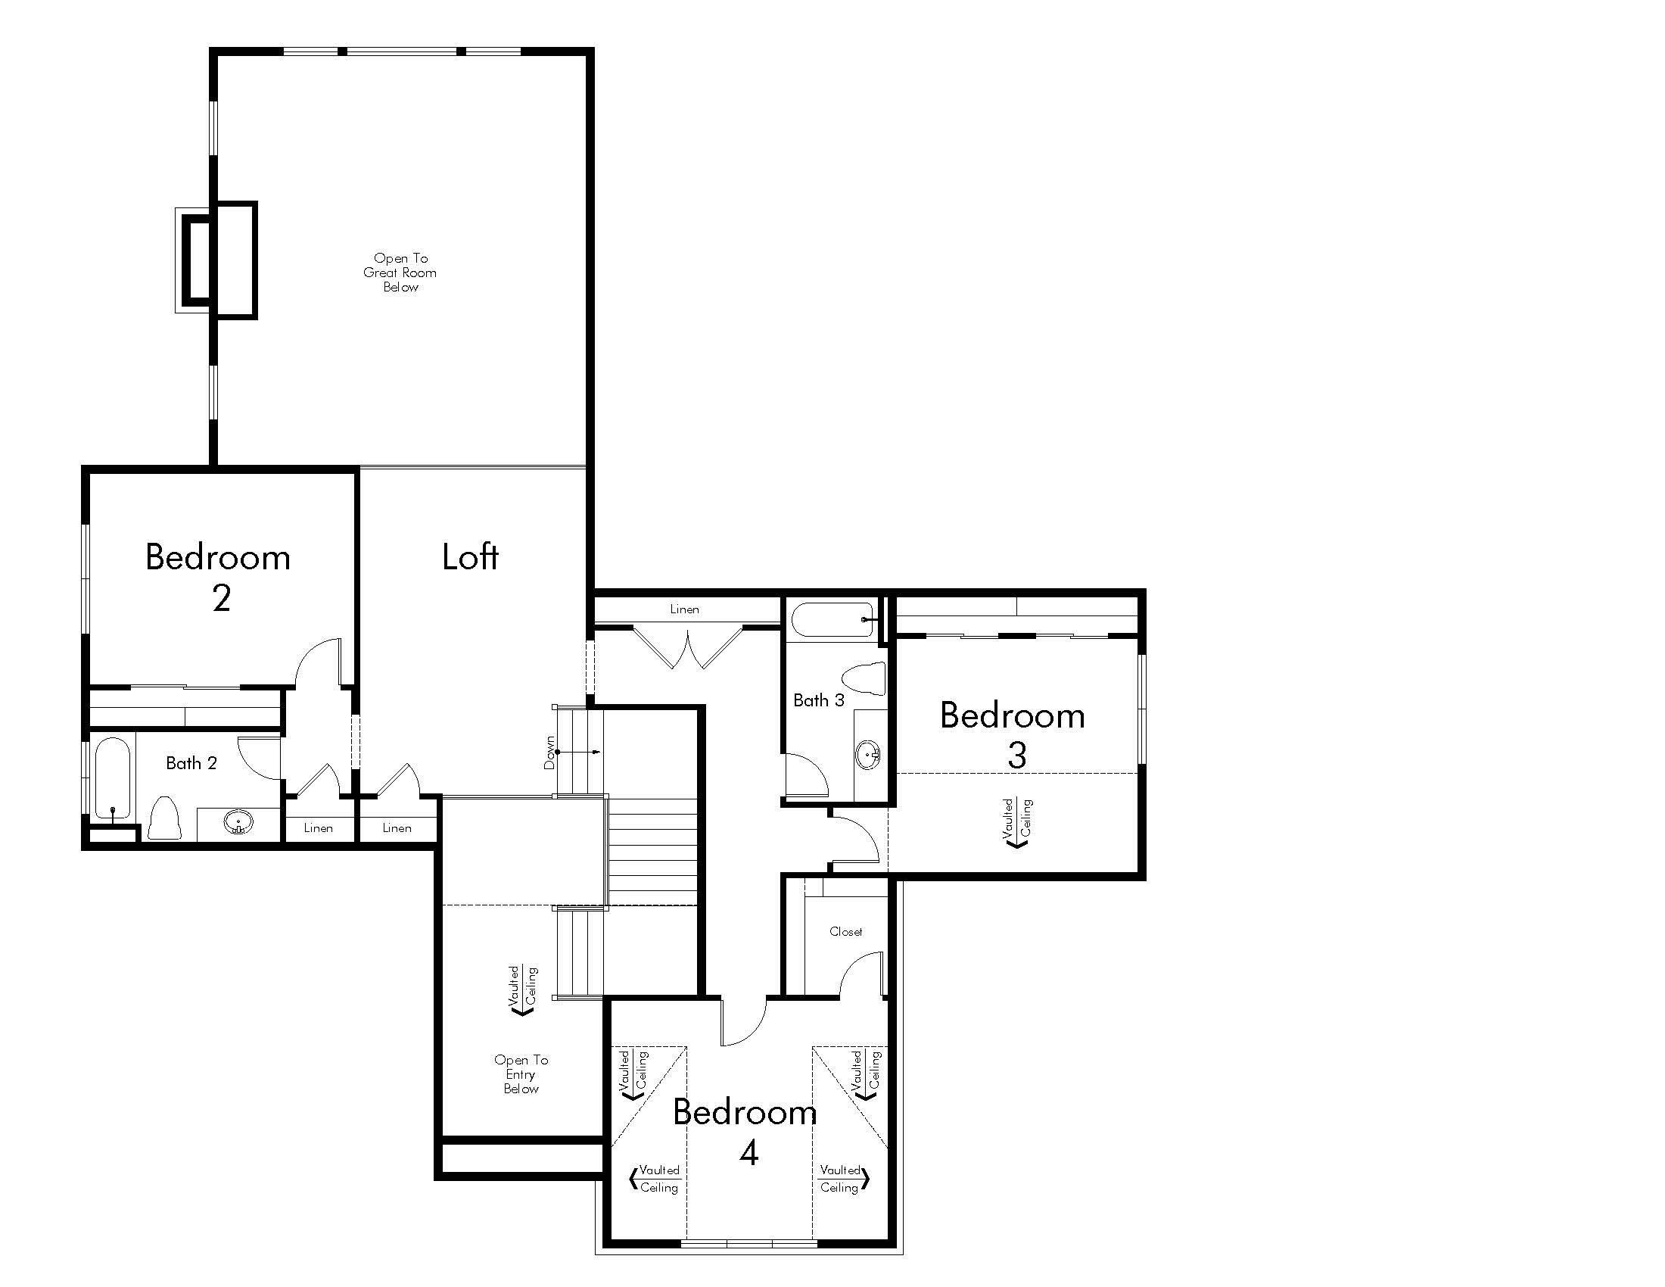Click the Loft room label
click(x=471, y=556)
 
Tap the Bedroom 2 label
click(x=219, y=577)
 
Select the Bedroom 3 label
click(x=1013, y=734)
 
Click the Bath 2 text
click(x=191, y=763)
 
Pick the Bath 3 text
click(x=819, y=700)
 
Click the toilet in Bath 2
click(x=164, y=818)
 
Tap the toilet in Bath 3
click(x=864, y=678)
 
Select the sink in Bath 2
click(x=238, y=823)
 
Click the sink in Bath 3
click(x=868, y=755)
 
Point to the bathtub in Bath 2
click(x=113, y=778)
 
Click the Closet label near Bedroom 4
click(x=846, y=932)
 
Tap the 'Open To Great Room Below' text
click(x=400, y=273)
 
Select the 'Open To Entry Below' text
click(x=521, y=1074)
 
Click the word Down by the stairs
click(x=549, y=753)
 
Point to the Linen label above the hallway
click(x=685, y=609)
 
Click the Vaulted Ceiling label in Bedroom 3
click(x=1017, y=823)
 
